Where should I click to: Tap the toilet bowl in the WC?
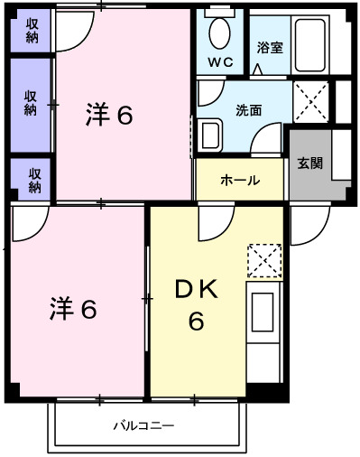pos(219,33)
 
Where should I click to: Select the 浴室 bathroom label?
pos(269,47)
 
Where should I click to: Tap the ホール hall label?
pos(240,181)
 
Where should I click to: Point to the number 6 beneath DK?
pos(195,321)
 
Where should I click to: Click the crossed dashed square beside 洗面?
pos(311,99)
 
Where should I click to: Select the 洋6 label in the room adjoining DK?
pos(73,309)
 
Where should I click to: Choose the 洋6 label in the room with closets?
pos(109,115)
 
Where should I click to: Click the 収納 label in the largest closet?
pos(31,103)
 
